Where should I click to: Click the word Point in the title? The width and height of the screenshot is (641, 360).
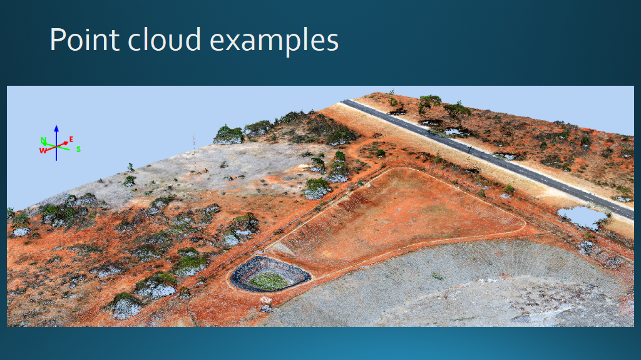(x=85, y=39)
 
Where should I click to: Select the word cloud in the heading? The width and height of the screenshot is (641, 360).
(x=165, y=39)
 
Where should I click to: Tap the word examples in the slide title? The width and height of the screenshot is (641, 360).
(x=274, y=41)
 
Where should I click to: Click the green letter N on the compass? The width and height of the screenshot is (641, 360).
(x=43, y=141)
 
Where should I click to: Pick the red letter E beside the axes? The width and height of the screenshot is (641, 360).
(x=71, y=140)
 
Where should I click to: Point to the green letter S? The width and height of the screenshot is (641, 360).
(x=78, y=149)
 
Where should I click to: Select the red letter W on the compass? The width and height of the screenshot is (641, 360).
(x=43, y=150)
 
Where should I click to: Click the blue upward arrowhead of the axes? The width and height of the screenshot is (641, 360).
(x=56, y=128)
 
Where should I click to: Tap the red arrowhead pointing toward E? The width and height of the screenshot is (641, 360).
(x=65, y=143)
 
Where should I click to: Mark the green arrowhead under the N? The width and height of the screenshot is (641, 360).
(x=43, y=143)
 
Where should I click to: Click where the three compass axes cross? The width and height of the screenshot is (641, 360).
(x=56, y=146)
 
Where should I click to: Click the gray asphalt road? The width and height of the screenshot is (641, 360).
(x=486, y=157)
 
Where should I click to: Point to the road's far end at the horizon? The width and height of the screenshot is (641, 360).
(x=346, y=101)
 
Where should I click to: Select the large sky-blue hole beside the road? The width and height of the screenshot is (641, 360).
(x=582, y=217)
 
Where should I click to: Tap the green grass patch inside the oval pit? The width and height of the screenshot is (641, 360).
(x=269, y=280)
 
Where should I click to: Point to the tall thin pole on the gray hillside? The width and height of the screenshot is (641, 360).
(x=194, y=153)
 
